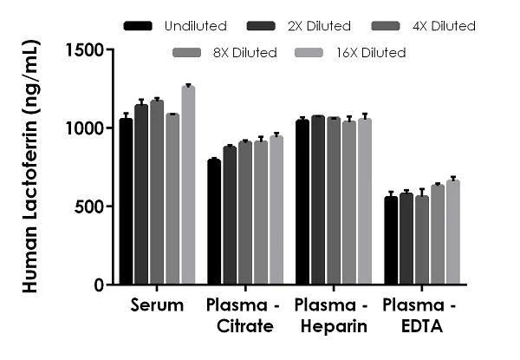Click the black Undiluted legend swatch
pyautogui.click(x=139, y=26)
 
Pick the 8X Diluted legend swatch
pyautogui.click(x=186, y=53)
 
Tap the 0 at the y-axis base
pyautogui.click(x=100, y=285)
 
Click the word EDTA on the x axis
pyautogui.click(x=422, y=326)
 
